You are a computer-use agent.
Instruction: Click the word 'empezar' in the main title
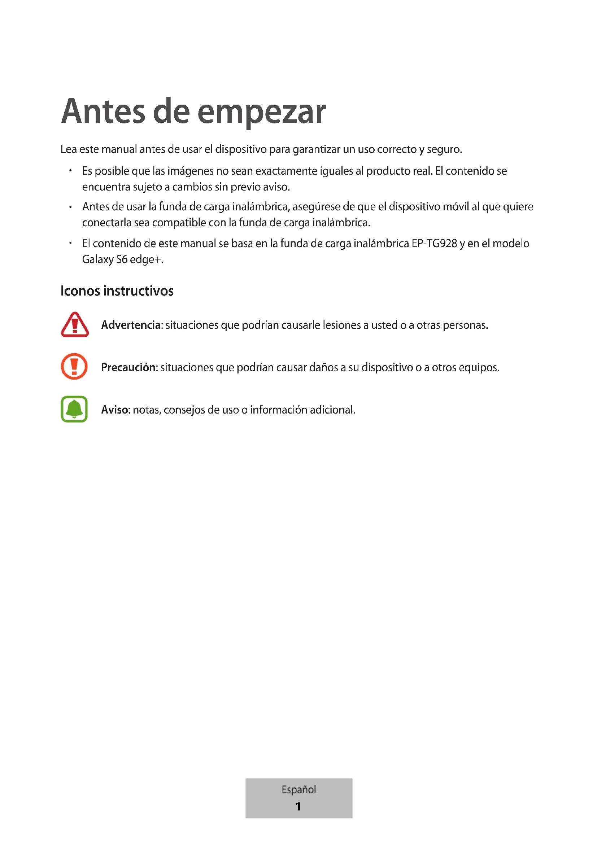pos(261,112)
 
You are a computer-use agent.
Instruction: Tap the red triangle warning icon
pos(75,325)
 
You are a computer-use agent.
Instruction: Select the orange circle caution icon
pos(74,367)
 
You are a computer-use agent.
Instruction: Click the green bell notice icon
pos(74,409)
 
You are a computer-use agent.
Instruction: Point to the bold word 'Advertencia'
pos(131,325)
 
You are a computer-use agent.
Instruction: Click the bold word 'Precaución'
pos(129,367)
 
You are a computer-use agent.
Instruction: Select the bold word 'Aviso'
pos(115,410)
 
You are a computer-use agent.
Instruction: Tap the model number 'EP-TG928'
pos(434,243)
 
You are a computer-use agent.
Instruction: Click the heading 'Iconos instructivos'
pos(117,291)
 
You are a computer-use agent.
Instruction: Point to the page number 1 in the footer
pos(298,806)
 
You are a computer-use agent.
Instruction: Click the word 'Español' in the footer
pos(298,789)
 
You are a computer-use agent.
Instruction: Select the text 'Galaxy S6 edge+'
pos(122,259)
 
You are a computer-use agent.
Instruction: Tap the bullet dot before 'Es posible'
pos(70,171)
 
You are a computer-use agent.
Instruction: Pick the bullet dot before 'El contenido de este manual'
pos(70,243)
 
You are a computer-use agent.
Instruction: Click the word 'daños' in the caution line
pos(323,367)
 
